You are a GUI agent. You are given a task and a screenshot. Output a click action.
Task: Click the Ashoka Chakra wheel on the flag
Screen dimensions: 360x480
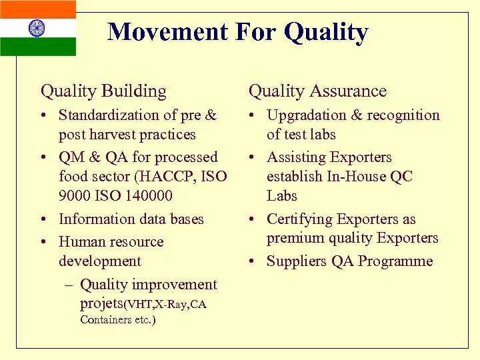click(x=37, y=28)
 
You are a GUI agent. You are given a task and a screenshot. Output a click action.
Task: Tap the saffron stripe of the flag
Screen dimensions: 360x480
click(x=37, y=9)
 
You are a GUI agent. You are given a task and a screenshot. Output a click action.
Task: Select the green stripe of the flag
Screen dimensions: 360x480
click(x=37, y=47)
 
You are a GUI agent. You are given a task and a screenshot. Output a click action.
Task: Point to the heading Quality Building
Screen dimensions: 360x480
click(x=103, y=91)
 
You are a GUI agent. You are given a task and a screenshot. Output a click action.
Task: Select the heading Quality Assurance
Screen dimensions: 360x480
click(x=317, y=91)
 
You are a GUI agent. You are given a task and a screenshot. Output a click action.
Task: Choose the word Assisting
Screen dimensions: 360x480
click(x=293, y=158)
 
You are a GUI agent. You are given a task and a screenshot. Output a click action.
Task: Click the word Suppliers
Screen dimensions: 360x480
click(x=297, y=261)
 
